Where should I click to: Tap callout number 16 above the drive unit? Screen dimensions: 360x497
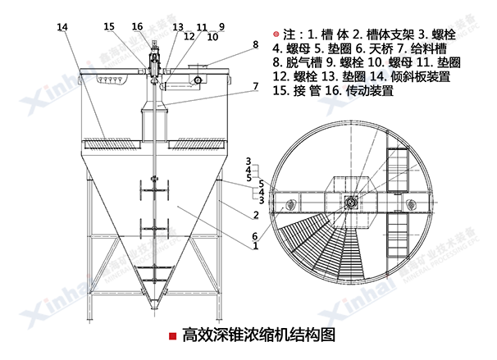point(137,26)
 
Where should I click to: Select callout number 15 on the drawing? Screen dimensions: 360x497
point(110,27)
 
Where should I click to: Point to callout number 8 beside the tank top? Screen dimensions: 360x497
point(255,44)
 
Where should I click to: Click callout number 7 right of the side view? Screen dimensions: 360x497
point(255,85)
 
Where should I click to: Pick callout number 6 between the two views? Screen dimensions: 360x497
point(255,235)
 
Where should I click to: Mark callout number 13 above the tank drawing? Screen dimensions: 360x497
point(177,27)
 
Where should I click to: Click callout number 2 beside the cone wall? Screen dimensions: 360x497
point(256,215)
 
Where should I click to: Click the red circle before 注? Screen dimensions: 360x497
point(277,34)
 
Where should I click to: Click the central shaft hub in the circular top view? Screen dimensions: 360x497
point(352,200)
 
